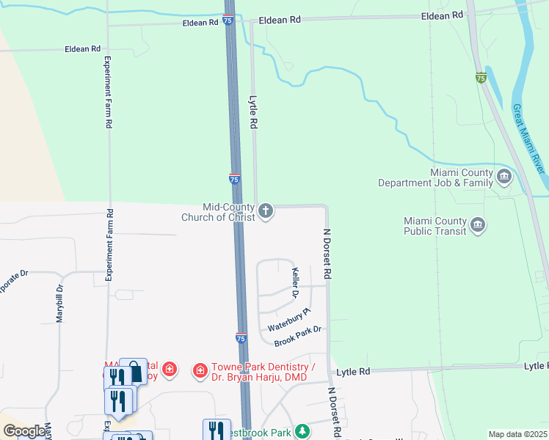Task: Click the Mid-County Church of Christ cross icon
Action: pos(266,212)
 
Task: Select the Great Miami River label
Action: pos(528,138)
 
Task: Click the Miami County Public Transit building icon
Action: pos(478,225)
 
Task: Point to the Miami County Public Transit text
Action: pos(435,226)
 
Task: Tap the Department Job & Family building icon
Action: pos(504,177)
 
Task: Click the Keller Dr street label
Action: pos(297,282)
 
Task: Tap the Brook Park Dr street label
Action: pos(298,337)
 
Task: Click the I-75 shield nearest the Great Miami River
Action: pos(481,78)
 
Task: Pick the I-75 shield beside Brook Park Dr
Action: pos(241,338)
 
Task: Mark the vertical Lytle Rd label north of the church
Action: pos(254,113)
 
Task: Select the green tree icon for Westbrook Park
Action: pos(301,430)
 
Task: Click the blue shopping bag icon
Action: pos(134,372)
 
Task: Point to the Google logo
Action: pos(24,431)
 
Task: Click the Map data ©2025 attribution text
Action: pos(517,434)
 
